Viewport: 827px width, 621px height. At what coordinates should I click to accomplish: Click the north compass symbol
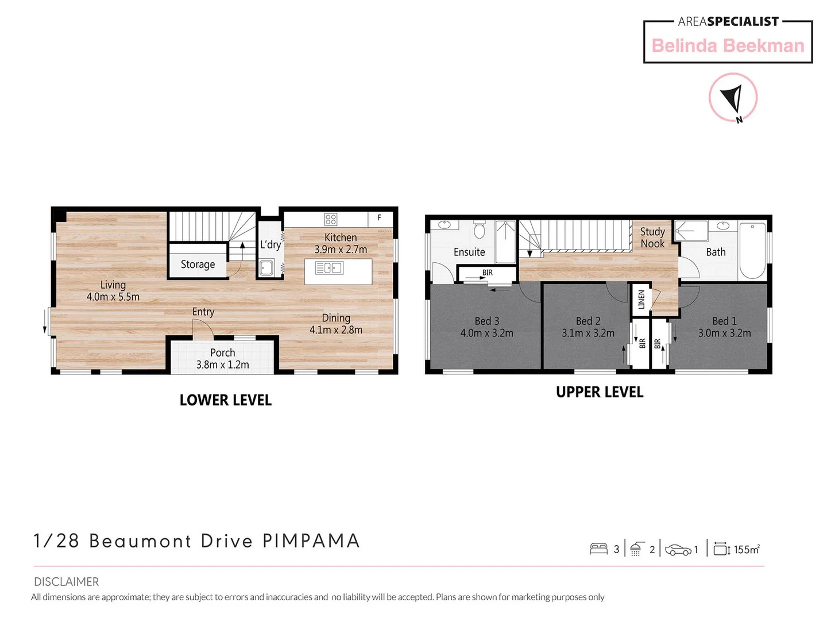(x=733, y=97)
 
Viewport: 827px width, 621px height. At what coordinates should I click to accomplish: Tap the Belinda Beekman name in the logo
(x=728, y=46)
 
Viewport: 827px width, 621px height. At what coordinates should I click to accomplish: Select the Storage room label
(x=198, y=264)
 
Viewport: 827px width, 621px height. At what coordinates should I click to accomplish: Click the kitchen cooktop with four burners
(x=331, y=219)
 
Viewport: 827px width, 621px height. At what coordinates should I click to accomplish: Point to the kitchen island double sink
(x=329, y=268)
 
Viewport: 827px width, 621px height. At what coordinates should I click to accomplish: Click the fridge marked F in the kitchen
(x=380, y=218)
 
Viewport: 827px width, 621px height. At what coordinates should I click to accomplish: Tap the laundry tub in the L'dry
(x=266, y=268)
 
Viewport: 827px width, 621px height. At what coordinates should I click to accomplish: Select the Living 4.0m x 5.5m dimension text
(x=113, y=297)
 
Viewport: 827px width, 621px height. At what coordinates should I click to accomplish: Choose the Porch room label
(x=222, y=352)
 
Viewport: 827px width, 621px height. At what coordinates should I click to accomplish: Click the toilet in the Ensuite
(x=480, y=231)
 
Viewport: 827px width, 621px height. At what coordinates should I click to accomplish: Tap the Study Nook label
(x=652, y=237)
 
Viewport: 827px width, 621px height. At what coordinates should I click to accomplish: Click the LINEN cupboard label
(x=641, y=299)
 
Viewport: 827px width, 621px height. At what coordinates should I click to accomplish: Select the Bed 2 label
(x=588, y=321)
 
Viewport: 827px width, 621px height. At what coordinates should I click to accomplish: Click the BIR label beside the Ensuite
(x=487, y=273)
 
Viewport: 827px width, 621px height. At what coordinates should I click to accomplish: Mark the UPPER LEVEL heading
(x=599, y=392)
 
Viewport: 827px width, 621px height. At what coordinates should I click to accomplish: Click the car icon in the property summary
(x=678, y=550)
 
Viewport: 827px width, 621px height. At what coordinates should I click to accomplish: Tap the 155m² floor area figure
(x=747, y=550)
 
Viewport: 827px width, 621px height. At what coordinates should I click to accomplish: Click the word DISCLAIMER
(x=66, y=582)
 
